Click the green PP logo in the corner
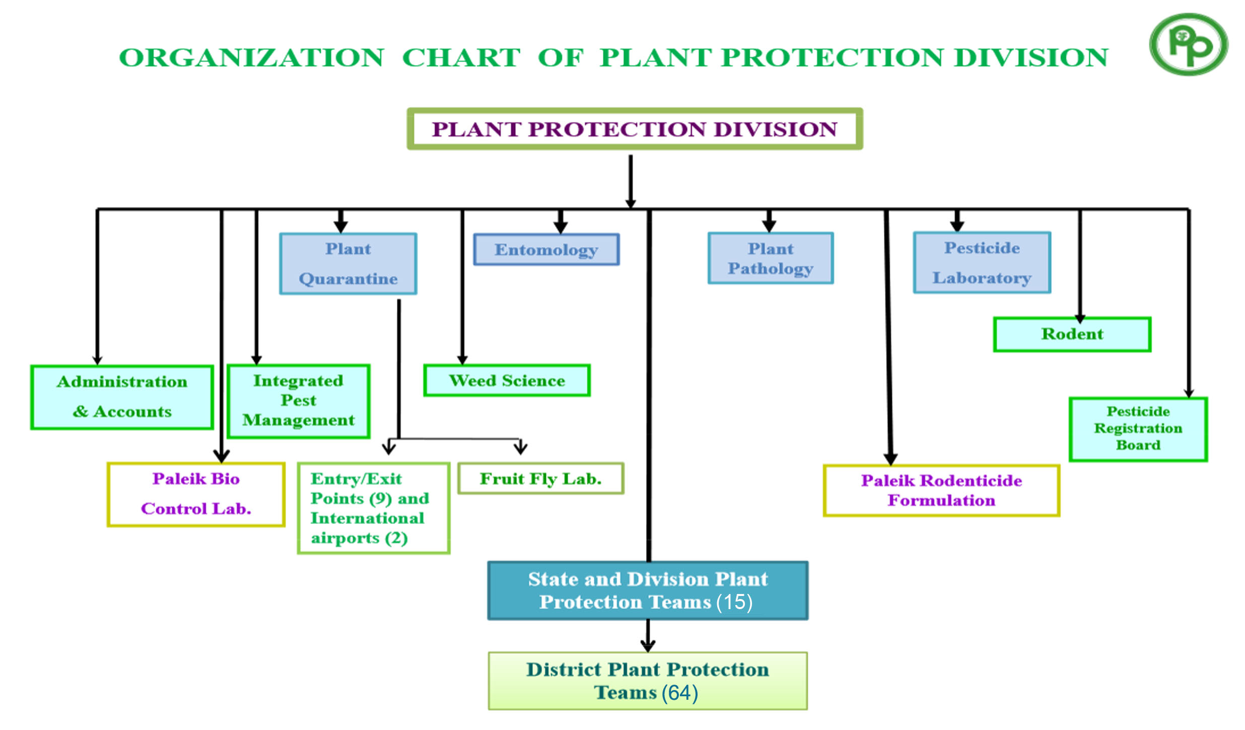pyautogui.click(x=1189, y=44)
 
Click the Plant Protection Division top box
pyautogui.click(x=635, y=129)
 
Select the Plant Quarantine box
pyautogui.click(x=348, y=263)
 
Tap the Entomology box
pyautogui.click(x=546, y=249)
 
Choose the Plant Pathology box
pyautogui.click(x=771, y=258)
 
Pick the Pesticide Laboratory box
pyautogui.click(x=982, y=262)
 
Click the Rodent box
pyautogui.click(x=1072, y=334)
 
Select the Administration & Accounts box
pyautogui.click(x=122, y=397)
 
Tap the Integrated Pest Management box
pyautogui.click(x=299, y=401)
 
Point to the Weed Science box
pyautogui.click(x=507, y=380)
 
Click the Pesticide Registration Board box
pyautogui.click(x=1138, y=429)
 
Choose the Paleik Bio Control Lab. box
pyautogui.click(x=196, y=494)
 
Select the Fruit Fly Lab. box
pyautogui.click(x=541, y=478)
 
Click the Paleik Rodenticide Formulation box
pyautogui.click(x=941, y=491)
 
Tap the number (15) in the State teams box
pyautogui.click(x=735, y=602)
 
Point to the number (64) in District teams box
pyautogui.click(x=680, y=693)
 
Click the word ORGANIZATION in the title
pyautogui.click(x=252, y=57)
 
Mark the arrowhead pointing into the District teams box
pyautogui.click(x=648, y=645)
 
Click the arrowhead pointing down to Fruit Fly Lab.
pyautogui.click(x=521, y=447)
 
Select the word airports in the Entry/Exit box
pyautogui.click(x=345, y=539)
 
